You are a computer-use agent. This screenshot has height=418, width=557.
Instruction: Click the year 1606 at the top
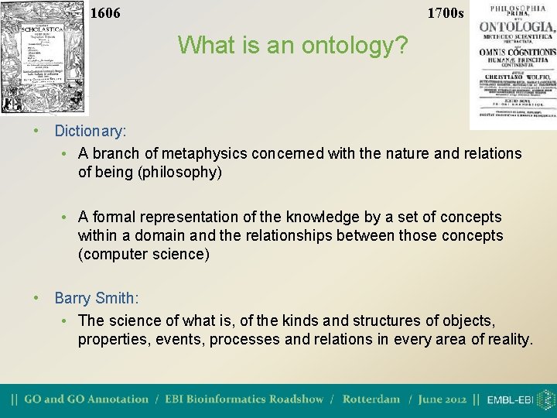tap(105, 13)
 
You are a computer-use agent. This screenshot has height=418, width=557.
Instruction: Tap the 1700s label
tap(446, 13)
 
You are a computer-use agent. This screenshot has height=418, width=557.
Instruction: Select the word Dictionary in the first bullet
tap(90, 132)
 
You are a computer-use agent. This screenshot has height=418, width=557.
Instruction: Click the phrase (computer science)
tap(144, 254)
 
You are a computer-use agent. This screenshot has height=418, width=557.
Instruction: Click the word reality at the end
tap(504, 339)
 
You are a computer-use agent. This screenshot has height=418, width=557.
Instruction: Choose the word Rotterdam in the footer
tap(371, 399)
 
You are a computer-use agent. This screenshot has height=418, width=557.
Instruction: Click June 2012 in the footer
tap(443, 399)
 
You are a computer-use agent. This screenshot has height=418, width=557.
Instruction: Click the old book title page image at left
tap(44, 58)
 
